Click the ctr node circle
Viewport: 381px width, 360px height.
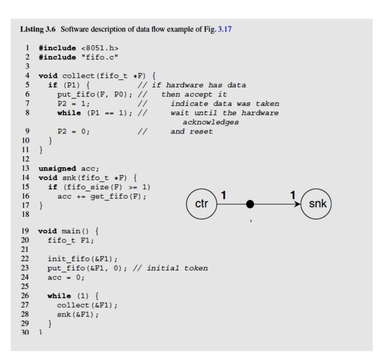coord(201,204)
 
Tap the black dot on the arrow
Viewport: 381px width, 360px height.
coord(249,204)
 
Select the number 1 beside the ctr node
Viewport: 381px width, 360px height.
coord(224,196)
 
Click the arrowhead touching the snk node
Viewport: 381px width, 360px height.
coord(298,204)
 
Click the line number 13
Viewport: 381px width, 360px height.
coord(25,168)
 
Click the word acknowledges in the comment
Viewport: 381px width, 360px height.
coord(211,122)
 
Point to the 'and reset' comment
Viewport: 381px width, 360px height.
coord(192,132)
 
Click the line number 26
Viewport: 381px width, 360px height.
coord(25,296)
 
